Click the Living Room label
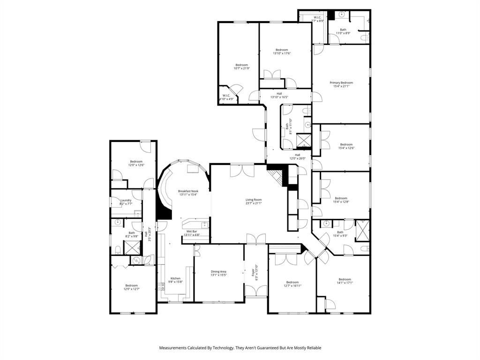pos(254,200)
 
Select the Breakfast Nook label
pos(188,191)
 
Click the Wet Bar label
pos(191,231)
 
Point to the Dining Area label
pos(218,271)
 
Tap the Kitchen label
pos(175,278)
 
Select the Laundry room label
pos(126,200)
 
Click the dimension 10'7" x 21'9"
pos(241,68)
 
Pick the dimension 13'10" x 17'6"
pos(282,53)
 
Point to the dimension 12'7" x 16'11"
pos(292,285)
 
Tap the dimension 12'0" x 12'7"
pos(132,289)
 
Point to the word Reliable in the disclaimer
pos(313,348)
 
